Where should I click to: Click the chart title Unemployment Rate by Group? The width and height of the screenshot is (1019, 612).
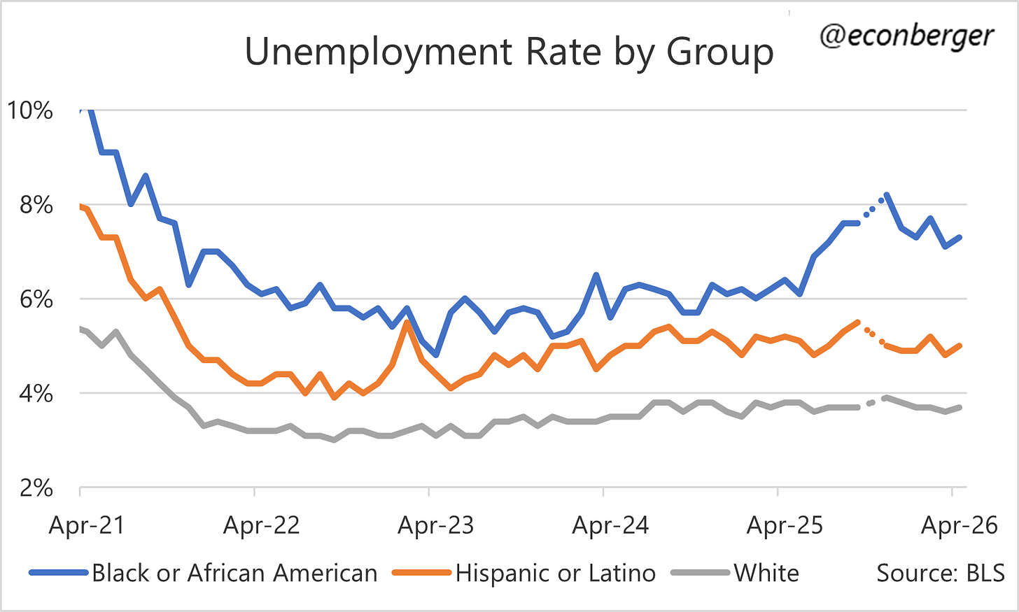[x=509, y=52]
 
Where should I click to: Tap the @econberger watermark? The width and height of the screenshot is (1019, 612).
[x=906, y=36]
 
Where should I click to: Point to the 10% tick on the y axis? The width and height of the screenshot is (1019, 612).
[x=30, y=111]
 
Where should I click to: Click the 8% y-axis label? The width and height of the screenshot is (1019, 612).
[x=36, y=205]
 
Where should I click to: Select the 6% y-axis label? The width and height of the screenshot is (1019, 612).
[x=36, y=299]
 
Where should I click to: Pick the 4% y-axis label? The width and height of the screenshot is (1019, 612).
[x=36, y=394]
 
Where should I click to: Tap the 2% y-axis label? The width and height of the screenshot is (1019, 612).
[x=36, y=488]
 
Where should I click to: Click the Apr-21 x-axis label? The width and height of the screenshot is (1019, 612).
[x=87, y=525]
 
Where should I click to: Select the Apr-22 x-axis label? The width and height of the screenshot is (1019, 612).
[x=262, y=525]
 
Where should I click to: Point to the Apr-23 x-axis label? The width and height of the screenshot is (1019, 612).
[x=436, y=525]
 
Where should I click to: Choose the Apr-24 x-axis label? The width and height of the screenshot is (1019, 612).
[x=610, y=525]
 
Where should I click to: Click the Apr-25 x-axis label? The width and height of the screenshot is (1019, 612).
[x=785, y=525]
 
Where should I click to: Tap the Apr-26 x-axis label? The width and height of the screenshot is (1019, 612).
[x=960, y=525]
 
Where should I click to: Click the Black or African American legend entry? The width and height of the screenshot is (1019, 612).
[x=204, y=573]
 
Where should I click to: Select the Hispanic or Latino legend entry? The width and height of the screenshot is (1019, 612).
[x=523, y=573]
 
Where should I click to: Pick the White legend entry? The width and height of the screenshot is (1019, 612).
[x=735, y=573]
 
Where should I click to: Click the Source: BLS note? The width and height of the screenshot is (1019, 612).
[x=941, y=573]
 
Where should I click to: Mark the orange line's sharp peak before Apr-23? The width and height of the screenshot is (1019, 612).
[x=407, y=322]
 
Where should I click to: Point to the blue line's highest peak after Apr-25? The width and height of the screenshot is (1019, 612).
[x=887, y=196]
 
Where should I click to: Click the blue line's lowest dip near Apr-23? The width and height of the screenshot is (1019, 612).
[x=436, y=355]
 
